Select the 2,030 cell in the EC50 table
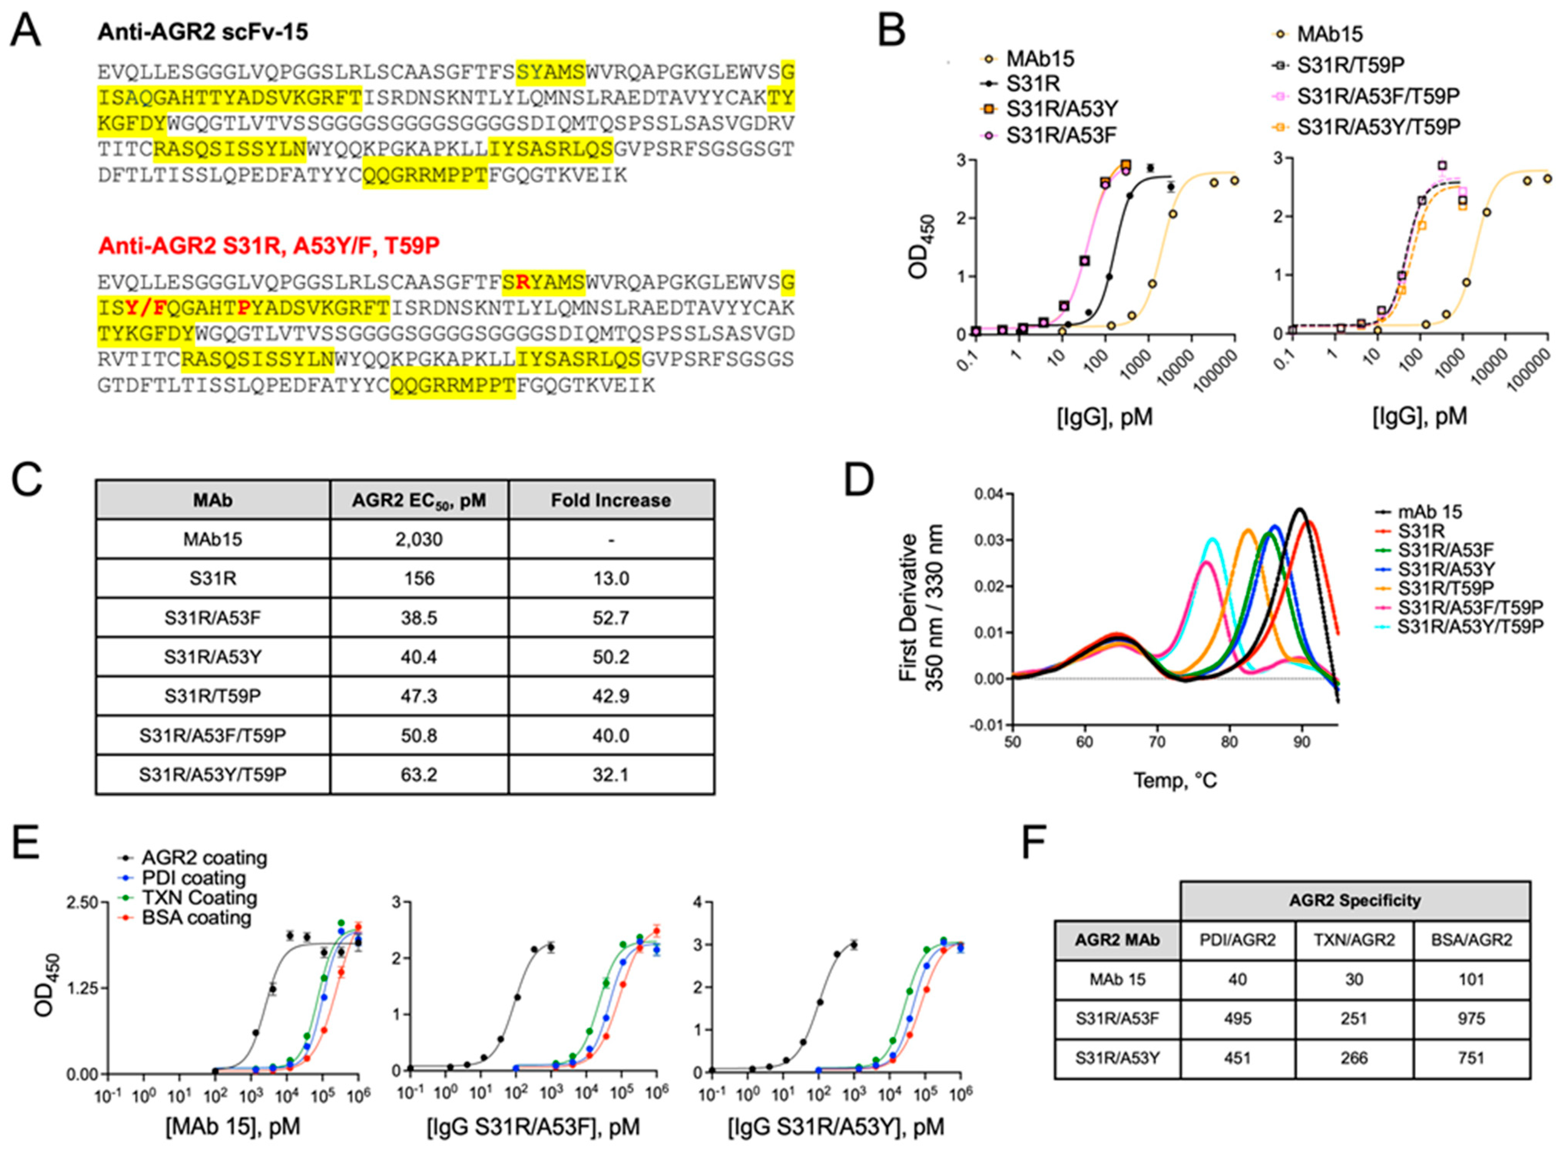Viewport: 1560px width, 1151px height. click(x=419, y=539)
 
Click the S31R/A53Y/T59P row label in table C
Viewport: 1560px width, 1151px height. click(x=212, y=774)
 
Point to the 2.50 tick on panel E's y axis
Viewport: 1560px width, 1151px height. click(x=81, y=903)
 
